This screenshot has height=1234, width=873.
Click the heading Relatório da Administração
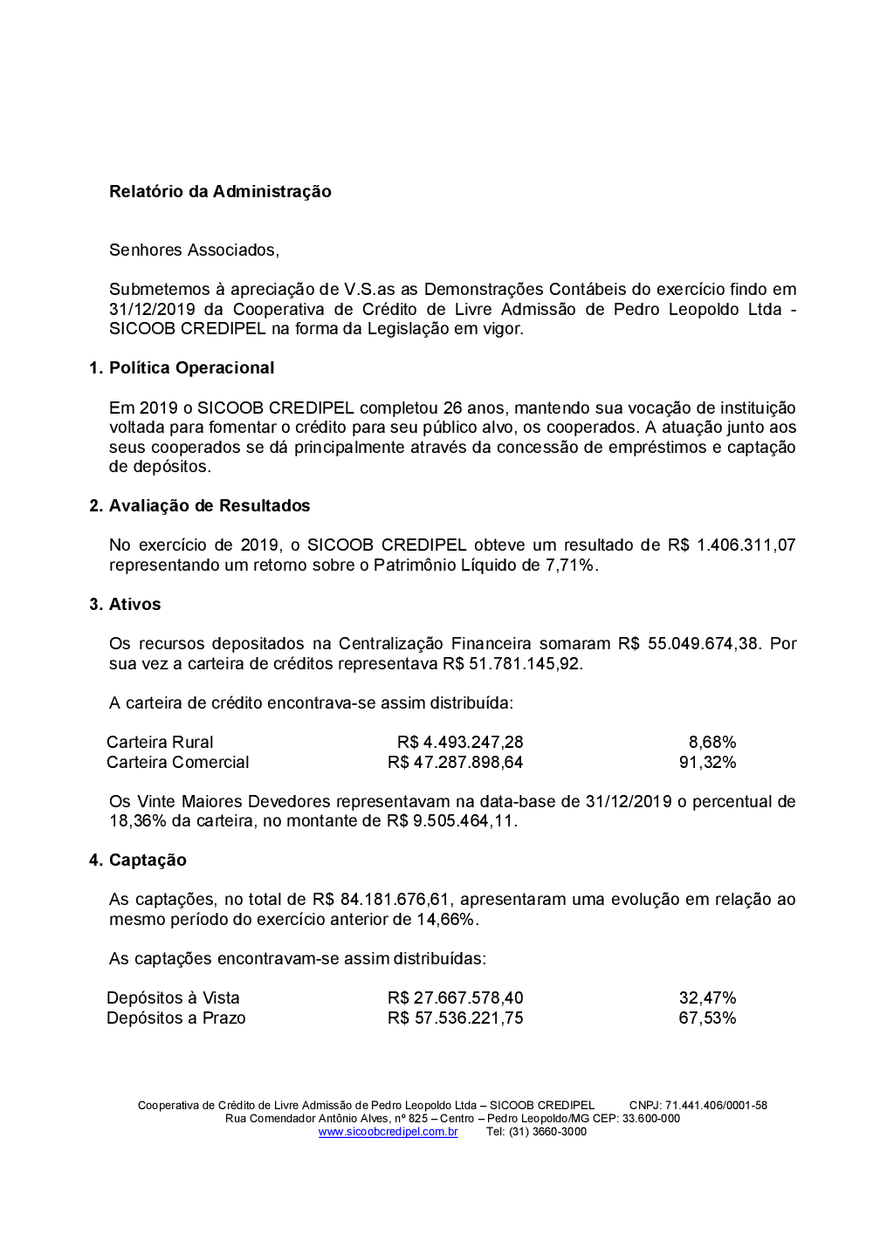(x=220, y=192)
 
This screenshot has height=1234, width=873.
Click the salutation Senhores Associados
(x=194, y=250)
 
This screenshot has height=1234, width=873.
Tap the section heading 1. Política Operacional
(x=182, y=368)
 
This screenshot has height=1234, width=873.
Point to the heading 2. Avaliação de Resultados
(x=200, y=506)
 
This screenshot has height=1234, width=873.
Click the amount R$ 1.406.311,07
(x=732, y=545)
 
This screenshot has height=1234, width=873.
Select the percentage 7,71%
(x=571, y=566)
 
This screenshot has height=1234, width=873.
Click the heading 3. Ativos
(x=125, y=605)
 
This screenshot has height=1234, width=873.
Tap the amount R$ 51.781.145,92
(x=512, y=664)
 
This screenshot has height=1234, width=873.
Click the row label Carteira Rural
(x=160, y=743)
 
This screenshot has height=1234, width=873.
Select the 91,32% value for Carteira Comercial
(x=707, y=763)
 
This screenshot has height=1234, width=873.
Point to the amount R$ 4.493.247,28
(x=460, y=743)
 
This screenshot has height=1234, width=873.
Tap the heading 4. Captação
(x=138, y=860)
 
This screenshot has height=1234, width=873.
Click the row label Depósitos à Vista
(x=173, y=998)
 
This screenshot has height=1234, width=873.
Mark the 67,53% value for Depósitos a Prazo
(x=707, y=1018)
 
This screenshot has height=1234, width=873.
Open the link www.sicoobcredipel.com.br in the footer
(x=388, y=1132)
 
